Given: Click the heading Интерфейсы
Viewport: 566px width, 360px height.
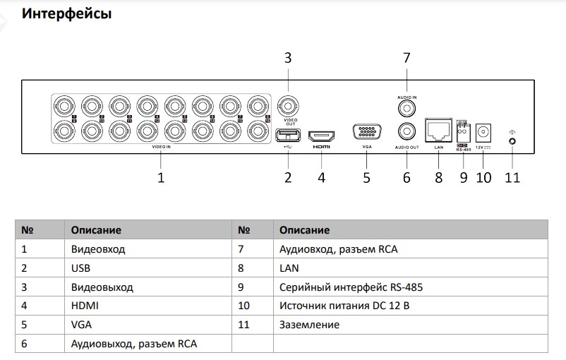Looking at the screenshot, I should tap(66, 13).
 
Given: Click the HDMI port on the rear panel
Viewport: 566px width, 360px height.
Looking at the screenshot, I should tap(322, 133).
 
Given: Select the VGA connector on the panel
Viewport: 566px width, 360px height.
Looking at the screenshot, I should tap(366, 133).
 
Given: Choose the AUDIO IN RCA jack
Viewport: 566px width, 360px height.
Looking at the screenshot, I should tap(406, 109).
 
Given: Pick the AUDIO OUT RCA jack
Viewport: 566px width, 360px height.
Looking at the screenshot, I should tap(406, 131).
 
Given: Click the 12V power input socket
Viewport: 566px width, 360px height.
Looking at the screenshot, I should tap(483, 132).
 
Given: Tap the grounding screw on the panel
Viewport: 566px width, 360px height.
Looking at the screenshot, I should tap(512, 140).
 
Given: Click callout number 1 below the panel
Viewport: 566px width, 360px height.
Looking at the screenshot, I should tap(161, 178).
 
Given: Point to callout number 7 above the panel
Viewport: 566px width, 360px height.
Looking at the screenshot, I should tap(406, 58).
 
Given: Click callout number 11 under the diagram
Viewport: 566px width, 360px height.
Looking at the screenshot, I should tap(512, 178).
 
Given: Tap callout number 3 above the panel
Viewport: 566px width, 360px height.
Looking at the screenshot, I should tap(288, 58).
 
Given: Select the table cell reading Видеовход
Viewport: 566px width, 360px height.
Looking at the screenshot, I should tap(98, 249).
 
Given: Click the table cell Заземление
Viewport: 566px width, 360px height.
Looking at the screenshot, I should tap(310, 325).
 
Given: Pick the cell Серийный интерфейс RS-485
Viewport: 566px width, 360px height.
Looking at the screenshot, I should tap(351, 287).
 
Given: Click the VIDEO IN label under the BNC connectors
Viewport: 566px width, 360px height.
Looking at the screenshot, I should tap(161, 147).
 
